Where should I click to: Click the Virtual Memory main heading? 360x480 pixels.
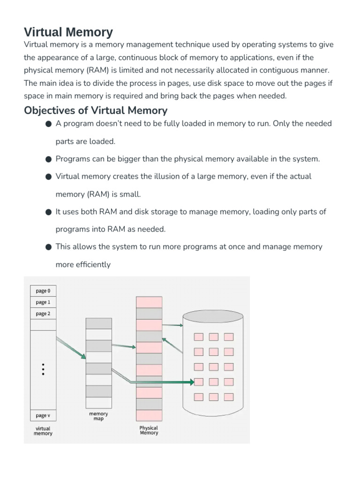68,32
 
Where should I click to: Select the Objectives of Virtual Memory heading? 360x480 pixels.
96,111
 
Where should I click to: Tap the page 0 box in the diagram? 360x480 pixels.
43,291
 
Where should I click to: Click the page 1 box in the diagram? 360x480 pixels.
43,302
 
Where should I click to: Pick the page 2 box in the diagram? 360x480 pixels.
43,314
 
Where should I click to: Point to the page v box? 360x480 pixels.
43,415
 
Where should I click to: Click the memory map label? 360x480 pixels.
98,416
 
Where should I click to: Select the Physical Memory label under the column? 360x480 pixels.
149,430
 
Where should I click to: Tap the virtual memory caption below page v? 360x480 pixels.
43,431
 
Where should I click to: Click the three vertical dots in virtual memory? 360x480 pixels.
43,369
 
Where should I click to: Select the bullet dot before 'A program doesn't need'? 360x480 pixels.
49,124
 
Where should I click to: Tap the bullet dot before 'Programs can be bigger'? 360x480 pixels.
49,159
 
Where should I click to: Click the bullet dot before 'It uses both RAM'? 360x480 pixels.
49,212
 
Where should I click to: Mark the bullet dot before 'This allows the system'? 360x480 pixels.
49,247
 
